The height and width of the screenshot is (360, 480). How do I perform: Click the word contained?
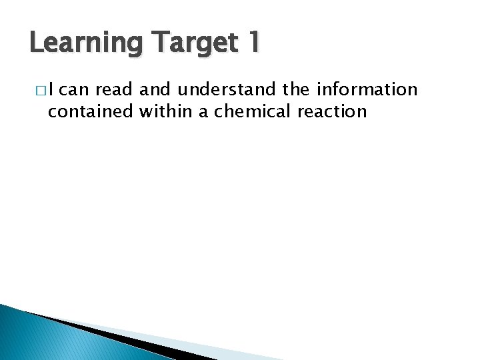coord(91,111)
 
